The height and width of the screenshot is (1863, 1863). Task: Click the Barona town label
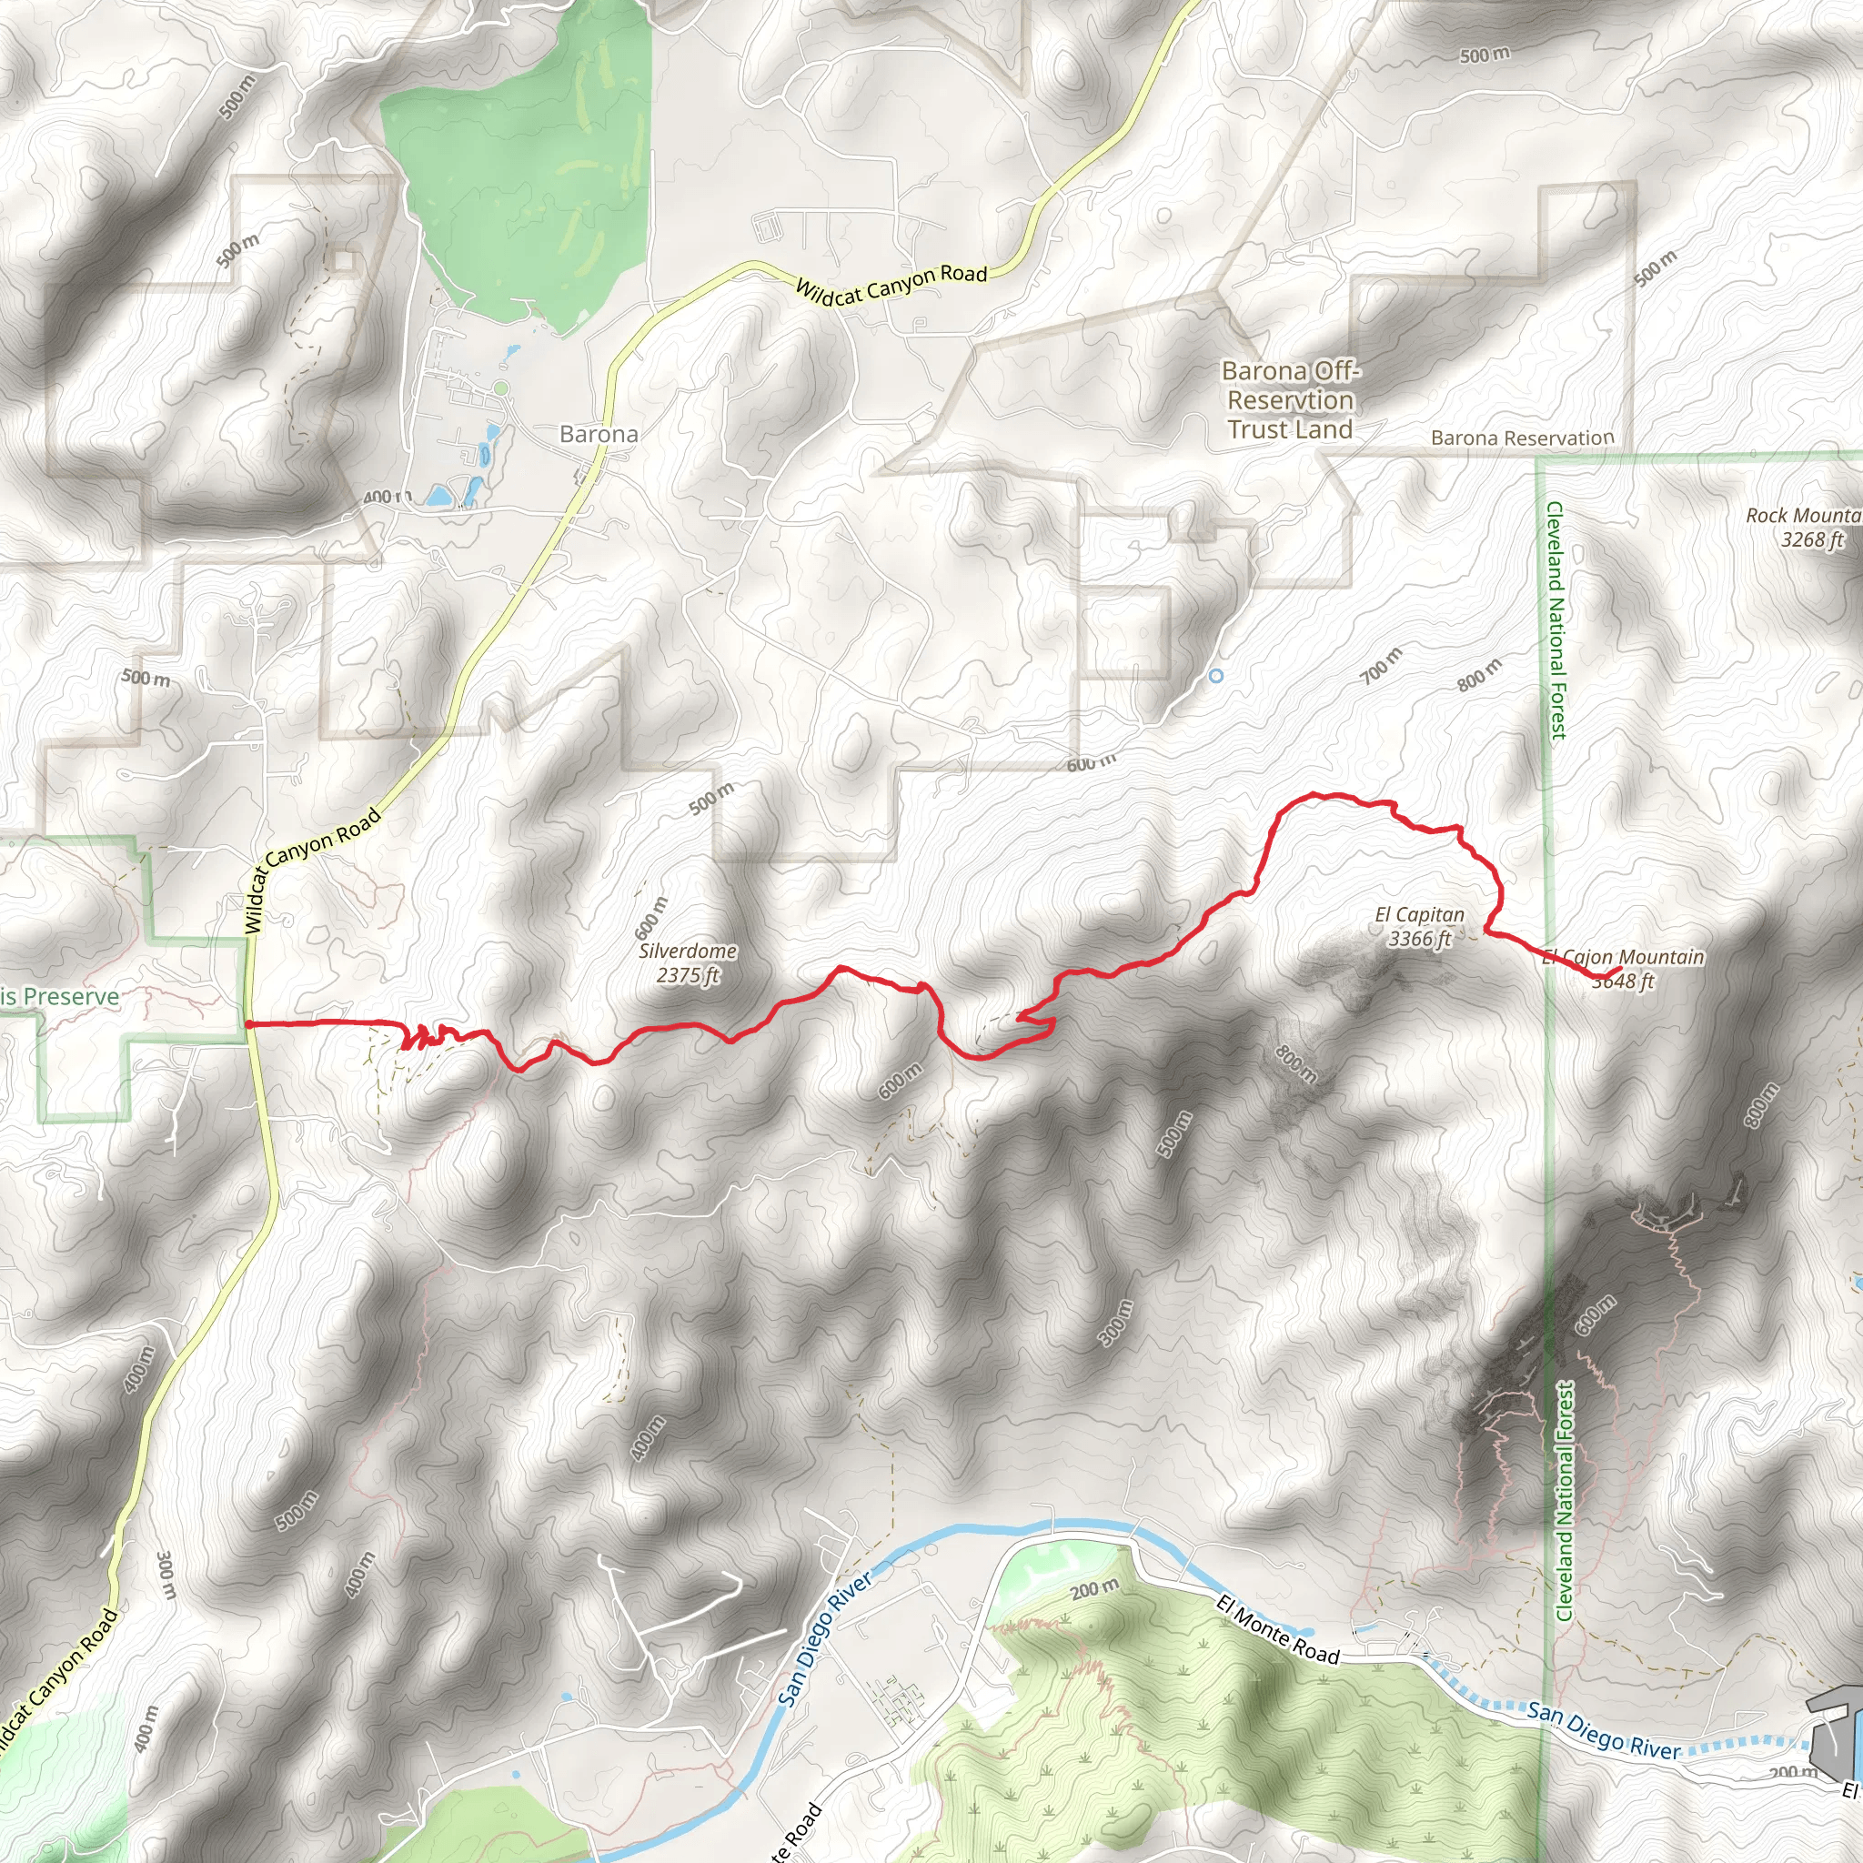coord(598,434)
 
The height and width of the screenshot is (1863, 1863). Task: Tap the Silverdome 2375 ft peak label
coord(688,962)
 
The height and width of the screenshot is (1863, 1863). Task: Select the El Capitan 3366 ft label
coord(1418,926)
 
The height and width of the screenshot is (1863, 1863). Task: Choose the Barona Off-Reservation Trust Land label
coord(1289,400)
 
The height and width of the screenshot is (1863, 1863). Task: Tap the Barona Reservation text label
coord(1522,438)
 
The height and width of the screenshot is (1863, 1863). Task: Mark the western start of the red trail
coord(248,1024)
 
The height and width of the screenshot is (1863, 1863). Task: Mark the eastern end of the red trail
coord(1620,968)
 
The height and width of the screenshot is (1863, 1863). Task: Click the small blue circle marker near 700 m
coord(1216,676)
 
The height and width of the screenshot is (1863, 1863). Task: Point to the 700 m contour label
coord(1381,666)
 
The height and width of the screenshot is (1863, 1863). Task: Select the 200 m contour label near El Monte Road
coord(1094,1588)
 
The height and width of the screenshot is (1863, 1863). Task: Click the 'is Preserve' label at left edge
coord(60,996)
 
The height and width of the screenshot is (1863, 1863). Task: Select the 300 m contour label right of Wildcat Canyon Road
coord(166,1575)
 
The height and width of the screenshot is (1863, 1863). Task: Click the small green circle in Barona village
coord(499,388)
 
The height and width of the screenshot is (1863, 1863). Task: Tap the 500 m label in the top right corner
coord(1484,55)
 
